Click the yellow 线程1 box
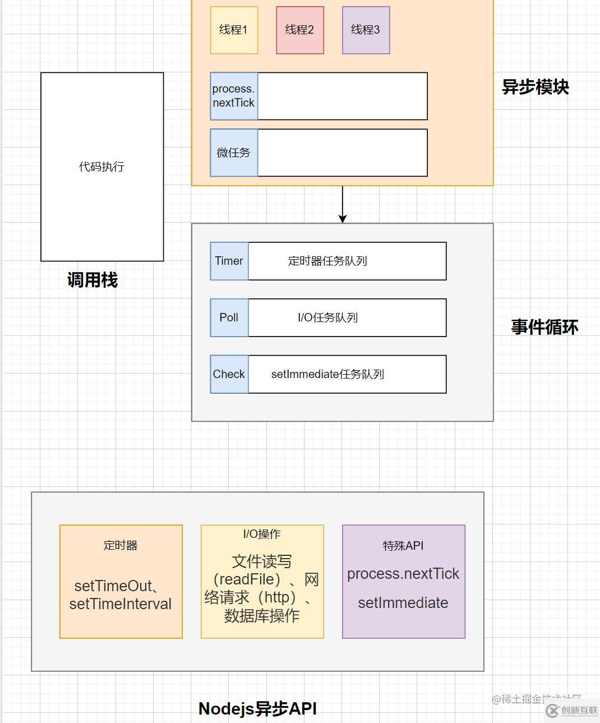tap(234, 30)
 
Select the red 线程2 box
tap(300, 30)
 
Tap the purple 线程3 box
tap(366, 30)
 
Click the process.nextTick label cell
tap(234, 96)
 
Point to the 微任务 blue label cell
tap(234, 153)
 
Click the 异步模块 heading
tap(535, 87)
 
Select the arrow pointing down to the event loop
tap(342, 205)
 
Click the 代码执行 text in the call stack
tap(101, 167)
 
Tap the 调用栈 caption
tap(93, 280)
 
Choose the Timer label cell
tap(229, 261)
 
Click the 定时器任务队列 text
tap(327, 261)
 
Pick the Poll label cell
tap(229, 317)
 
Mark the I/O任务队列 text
tap(327, 317)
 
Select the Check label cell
tap(229, 374)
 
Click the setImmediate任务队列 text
tap(327, 374)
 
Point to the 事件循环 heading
tap(544, 327)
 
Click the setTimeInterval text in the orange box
tap(121, 604)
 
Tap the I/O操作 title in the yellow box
tap(262, 534)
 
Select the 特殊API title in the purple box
tap(403, 546)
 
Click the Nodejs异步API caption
tap(257, 708)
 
